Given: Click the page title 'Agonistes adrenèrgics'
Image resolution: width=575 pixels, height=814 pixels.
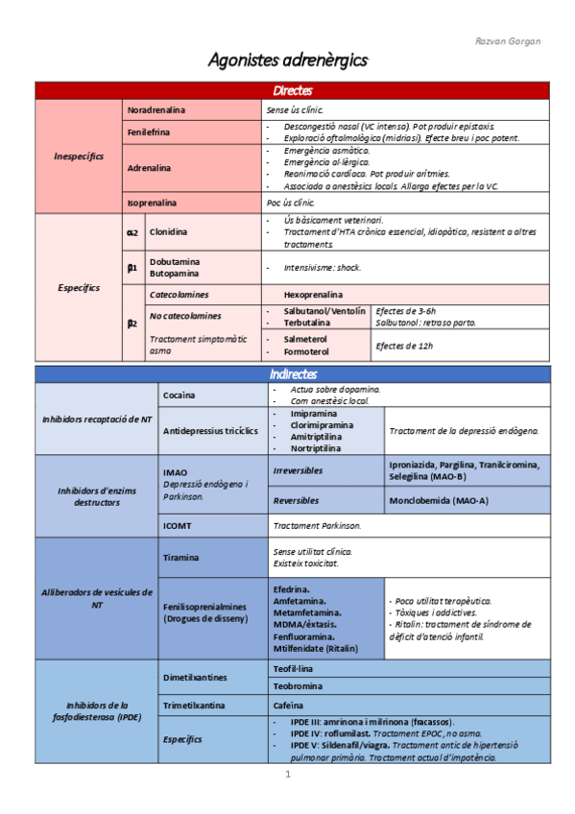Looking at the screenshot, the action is [288, 60].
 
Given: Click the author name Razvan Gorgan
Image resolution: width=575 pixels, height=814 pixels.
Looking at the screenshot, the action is [508, 41].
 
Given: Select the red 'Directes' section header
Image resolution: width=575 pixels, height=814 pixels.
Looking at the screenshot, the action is [292, 91].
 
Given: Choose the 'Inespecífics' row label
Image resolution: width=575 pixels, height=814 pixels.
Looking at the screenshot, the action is [80, 156].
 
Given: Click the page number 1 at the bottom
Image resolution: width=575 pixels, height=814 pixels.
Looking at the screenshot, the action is [287, 774].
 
